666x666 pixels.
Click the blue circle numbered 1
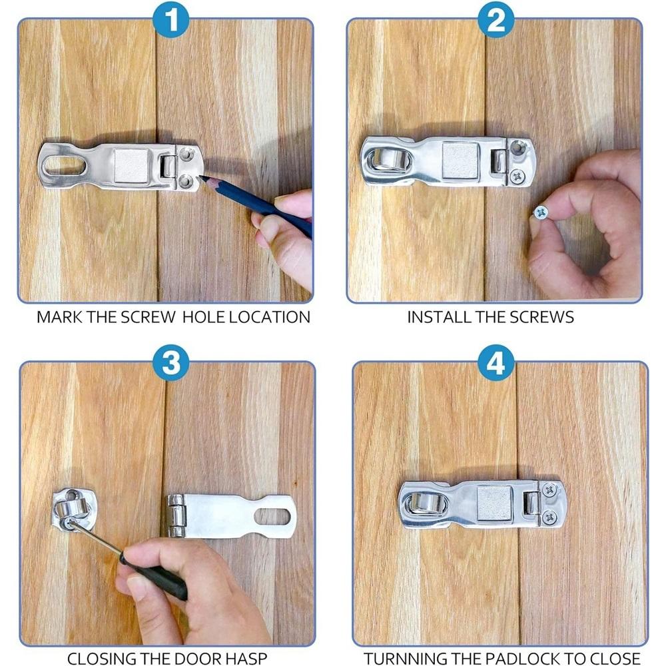(x=170, y=19)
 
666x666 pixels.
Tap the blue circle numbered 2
(x=496, y=19)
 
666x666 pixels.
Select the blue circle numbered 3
(x=170, y=362)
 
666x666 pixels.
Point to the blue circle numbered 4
(x=496, y=362)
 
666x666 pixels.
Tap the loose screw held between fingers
(x=540, y=212)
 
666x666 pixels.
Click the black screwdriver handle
(x=154, y=575)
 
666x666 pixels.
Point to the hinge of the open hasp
(x=174, y=515)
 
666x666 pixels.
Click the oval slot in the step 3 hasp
(x=272, y=516)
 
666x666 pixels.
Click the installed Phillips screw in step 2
(x=517, y=175)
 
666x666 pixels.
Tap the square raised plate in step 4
(x=494, y=503)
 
